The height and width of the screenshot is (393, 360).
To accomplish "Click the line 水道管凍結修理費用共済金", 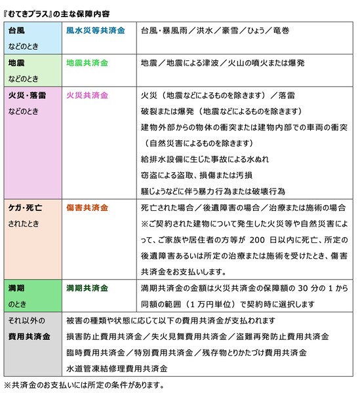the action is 117,369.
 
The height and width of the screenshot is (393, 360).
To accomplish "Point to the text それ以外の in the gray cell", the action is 26,321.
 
